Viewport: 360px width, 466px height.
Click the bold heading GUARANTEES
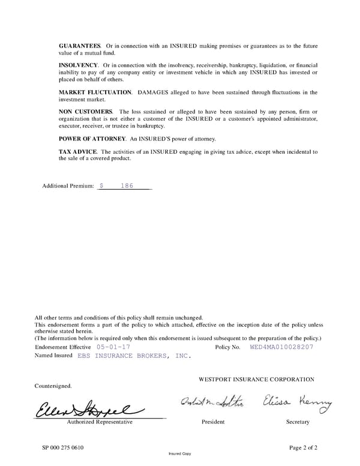click(79, 46)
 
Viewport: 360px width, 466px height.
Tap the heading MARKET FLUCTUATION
click(95, 92)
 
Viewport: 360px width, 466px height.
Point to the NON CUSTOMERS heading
click(85, 112)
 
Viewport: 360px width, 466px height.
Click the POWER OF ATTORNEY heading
click(92, 139)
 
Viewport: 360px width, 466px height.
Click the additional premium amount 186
click(127, 186)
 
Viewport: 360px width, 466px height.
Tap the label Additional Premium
click(68, 187)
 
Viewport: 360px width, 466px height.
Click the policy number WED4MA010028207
click(281, 347)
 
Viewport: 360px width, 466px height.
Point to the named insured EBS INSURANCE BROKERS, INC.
click(134, 356)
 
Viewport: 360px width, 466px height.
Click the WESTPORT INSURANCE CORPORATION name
click(256, 380)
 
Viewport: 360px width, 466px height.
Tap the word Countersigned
click(53, 386)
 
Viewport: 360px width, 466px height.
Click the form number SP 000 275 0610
click(63, 447)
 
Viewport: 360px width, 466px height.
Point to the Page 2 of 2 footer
click(303, 447)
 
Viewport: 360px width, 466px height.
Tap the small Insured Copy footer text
click(180, 455)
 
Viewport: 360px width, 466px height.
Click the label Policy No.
click(227, 347)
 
